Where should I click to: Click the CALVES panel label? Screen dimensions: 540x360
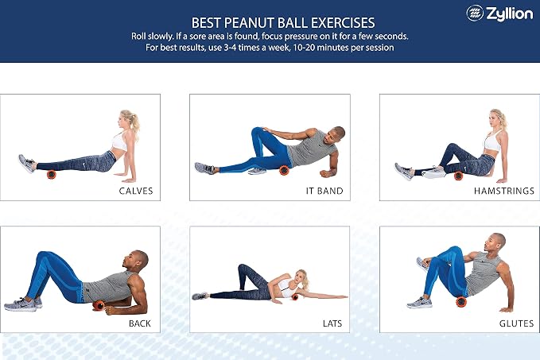tap(136, 191)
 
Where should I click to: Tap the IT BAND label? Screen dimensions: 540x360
tap(324, 191)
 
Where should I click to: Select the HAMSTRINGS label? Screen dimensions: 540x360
tap(504, 191)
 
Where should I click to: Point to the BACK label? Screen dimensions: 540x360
tap(139, 323)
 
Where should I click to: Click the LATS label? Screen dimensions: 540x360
tap(332, 323)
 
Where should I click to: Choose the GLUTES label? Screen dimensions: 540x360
tap(516, 323)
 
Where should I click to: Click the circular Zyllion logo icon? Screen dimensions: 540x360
tap(475, 13)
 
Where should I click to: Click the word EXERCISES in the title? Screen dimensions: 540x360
tap(343, 23)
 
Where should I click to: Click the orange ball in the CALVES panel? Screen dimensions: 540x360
tap(52, 175)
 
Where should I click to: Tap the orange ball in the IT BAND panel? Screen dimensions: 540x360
tap(284, 170)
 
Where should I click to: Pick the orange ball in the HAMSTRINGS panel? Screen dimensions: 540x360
tap(458, 176)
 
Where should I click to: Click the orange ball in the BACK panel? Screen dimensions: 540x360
tap(99, 305)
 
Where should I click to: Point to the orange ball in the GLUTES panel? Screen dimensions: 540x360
tap(461, 302)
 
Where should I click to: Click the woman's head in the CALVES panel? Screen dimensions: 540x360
tap(126, 119)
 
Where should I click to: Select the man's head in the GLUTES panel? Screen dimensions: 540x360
tap(494, 242)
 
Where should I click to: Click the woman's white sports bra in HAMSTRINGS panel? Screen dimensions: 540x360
tap(493, 141)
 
